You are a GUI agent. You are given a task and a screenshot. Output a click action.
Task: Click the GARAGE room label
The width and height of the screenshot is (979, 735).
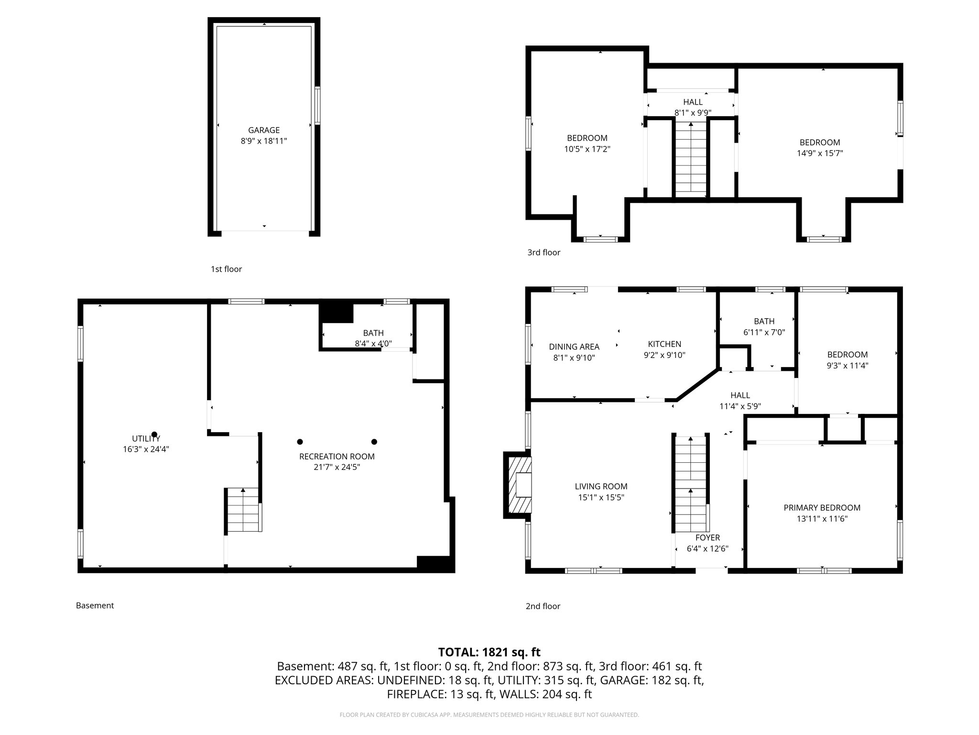click(263, 130)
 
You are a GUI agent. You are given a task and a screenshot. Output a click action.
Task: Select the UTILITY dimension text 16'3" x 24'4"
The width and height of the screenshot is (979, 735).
click(146, 449)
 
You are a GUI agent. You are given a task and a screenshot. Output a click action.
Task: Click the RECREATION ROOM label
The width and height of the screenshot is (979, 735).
click(337, 457)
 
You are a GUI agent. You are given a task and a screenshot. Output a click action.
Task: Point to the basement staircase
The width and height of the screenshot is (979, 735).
click(243, 511)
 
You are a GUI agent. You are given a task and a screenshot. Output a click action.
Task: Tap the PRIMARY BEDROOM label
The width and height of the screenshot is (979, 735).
click(822, 508)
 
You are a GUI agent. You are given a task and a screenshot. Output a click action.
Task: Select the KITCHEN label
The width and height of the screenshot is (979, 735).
click(664, 344)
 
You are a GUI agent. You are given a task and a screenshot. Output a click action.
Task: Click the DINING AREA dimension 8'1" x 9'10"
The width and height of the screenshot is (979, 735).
click(574, 357)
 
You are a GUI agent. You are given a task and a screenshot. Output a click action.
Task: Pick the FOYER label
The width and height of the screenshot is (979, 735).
click(707, 538)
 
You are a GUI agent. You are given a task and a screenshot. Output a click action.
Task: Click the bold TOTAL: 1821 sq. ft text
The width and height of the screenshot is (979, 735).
click(489, 652)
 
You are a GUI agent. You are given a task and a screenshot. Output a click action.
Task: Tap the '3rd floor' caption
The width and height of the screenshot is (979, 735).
click(544, 253)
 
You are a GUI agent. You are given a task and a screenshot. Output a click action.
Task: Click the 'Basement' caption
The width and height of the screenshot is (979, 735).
click(95, 605)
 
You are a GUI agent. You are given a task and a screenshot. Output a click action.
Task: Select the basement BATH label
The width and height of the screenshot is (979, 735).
click(373, 333)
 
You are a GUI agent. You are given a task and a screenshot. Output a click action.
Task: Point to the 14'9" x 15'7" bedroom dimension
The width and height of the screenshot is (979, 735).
click(820, 154)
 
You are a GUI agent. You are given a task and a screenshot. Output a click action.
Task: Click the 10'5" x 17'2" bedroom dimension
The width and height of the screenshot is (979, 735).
click(587, 149)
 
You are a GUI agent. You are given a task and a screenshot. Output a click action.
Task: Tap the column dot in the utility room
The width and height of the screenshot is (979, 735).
click(154, 434)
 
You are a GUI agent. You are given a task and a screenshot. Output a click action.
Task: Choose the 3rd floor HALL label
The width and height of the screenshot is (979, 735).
click(693, 102)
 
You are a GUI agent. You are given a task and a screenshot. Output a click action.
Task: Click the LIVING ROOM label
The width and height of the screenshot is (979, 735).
click(601, 487)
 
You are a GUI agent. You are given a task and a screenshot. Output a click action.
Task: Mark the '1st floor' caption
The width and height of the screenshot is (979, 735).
click(226, 269)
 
